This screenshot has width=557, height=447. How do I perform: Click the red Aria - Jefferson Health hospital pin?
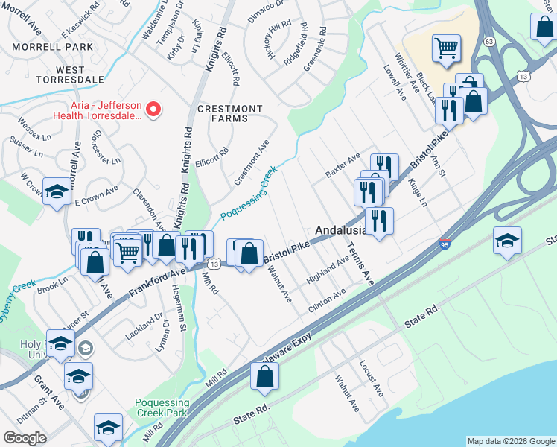[153, 110]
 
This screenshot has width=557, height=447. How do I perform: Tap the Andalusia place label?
[346, 231]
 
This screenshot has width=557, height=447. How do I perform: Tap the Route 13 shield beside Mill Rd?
[214, 264]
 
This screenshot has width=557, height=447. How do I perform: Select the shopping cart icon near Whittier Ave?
[446, 48]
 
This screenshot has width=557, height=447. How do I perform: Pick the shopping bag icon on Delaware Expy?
[266, 377]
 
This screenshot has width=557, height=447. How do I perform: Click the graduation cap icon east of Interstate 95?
[507, 241]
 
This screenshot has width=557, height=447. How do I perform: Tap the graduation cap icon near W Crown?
[57, 191]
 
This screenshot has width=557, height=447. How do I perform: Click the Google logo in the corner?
[25, 438]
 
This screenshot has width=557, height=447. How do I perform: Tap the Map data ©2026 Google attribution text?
[510, 441]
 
